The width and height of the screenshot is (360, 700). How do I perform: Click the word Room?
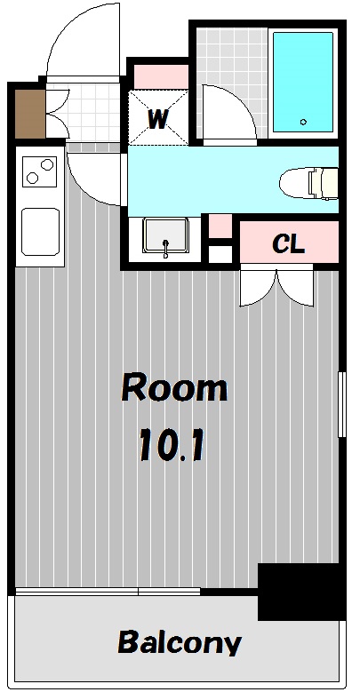pyautogui.click(x=174, y=388)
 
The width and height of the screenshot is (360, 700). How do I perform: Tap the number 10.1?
pyautogui.click(x=172, y=446)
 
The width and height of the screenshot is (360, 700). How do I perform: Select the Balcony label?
pyautogui.click(x=179, y=642)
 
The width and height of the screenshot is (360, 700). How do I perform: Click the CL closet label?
pyautogui.click(x=288, y=244)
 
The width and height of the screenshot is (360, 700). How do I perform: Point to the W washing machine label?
pyautogui.click(x=158, y=118)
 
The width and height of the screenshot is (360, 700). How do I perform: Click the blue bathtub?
pyautogui.click(x=302, y=82)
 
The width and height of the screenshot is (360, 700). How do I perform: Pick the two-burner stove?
pyautogui.click(x=40, y=171)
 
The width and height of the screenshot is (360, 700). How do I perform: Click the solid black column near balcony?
pyautogui.click(x=300, y=591)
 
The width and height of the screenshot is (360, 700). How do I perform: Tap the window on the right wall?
pyautogui.click(x=340, y=404)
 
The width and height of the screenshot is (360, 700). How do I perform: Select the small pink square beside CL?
pyautogui.click(x=220, y=227)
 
